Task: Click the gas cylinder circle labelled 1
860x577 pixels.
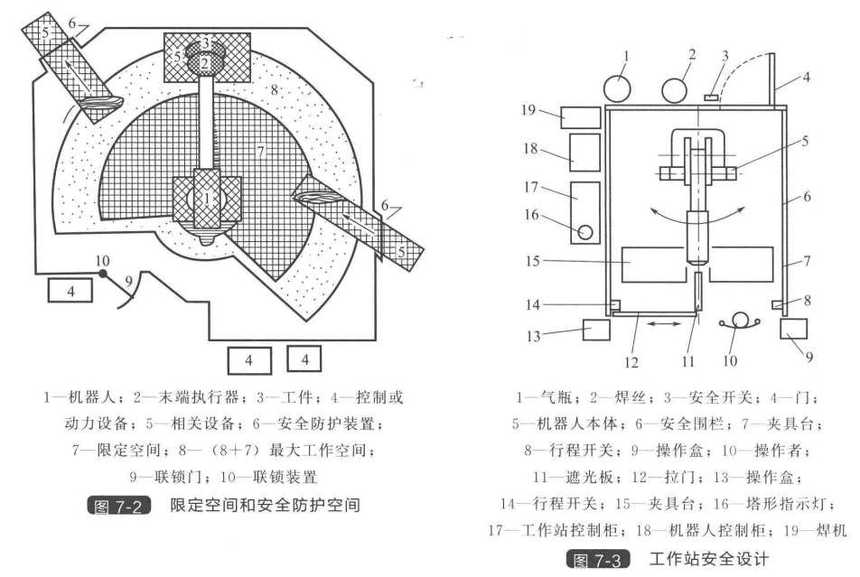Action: point(618,88)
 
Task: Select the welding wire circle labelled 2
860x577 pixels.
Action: point(674,89)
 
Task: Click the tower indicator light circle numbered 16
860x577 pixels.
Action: point(585,232)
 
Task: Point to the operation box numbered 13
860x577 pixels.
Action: point(597,330)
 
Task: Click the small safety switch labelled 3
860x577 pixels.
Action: point(712,98)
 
